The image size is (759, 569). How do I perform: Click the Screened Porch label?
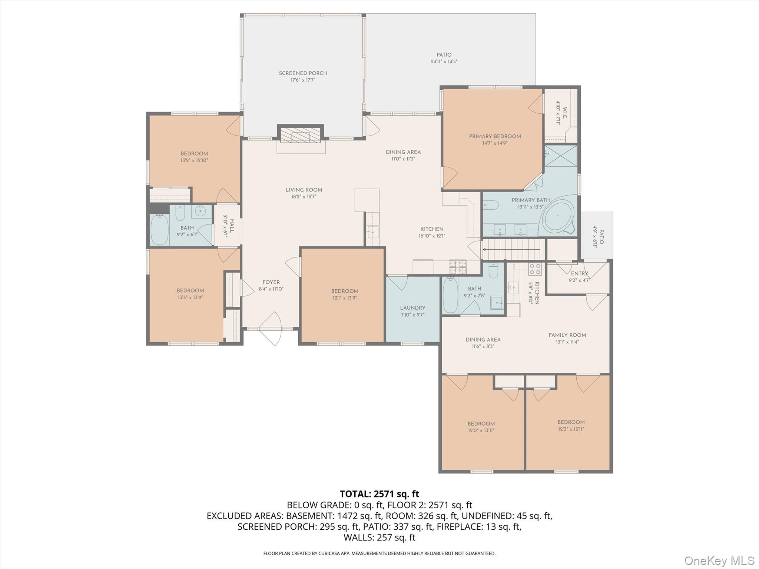coord(303,73)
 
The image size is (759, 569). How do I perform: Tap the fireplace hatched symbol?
coord(300,135)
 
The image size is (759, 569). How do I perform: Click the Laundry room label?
coord(412,308)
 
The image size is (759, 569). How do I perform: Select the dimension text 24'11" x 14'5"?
coord(444,62)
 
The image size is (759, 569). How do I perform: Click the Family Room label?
coord(567,335)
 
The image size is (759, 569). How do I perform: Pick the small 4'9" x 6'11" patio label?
coord(599,236)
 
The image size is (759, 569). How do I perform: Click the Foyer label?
coord(271,282)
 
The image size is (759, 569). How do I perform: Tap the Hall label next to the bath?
coord(232,226)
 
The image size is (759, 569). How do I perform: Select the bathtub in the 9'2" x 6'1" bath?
coord(160,230)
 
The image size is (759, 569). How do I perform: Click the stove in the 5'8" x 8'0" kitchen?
coord(535,269)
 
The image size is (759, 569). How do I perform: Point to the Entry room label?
coord(579,273)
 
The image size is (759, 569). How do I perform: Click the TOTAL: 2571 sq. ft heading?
coord(379,494)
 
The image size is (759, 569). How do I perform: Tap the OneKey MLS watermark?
coord(719,560)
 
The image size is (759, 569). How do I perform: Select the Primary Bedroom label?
coord(495,136)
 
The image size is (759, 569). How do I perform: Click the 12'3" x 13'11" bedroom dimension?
coord(571,429)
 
